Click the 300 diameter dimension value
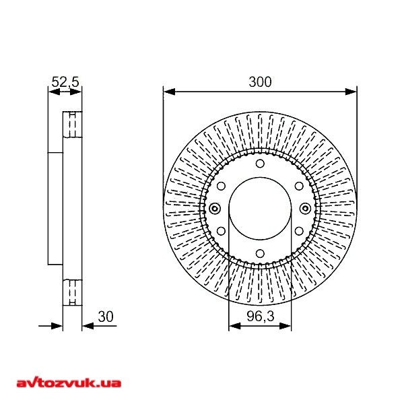click(x=260, y=82)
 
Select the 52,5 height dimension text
click(x=65, y=82)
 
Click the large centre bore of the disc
click(x=260, y=208)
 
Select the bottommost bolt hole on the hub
click(x=260, y=254)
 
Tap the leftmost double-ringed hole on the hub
click(x=215, y=208)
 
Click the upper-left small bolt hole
click(x=221, y=186)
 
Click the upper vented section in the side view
click(x=71, y=125)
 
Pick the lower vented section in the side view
click(x=71, y=292)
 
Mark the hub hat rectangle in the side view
click(x=55, y=208)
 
